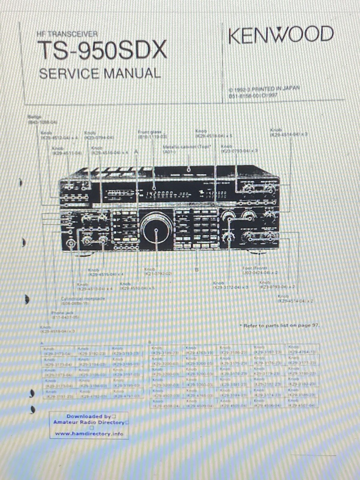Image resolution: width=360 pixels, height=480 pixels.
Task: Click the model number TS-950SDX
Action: tap(102, 51)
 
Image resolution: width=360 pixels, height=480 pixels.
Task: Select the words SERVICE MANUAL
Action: tap(100, 73)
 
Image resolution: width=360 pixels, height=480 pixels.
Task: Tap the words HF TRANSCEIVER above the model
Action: tap(67, 34)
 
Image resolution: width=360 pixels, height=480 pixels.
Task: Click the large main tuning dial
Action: tap(156, 228)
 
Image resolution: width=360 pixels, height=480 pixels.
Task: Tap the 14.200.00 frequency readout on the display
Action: tap(160, 195)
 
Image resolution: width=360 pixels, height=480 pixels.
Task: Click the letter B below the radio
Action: tap(196, 270)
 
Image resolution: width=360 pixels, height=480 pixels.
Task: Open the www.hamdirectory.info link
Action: tap(89, 434)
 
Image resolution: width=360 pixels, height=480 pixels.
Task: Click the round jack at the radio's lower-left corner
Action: tap(72, 243)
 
